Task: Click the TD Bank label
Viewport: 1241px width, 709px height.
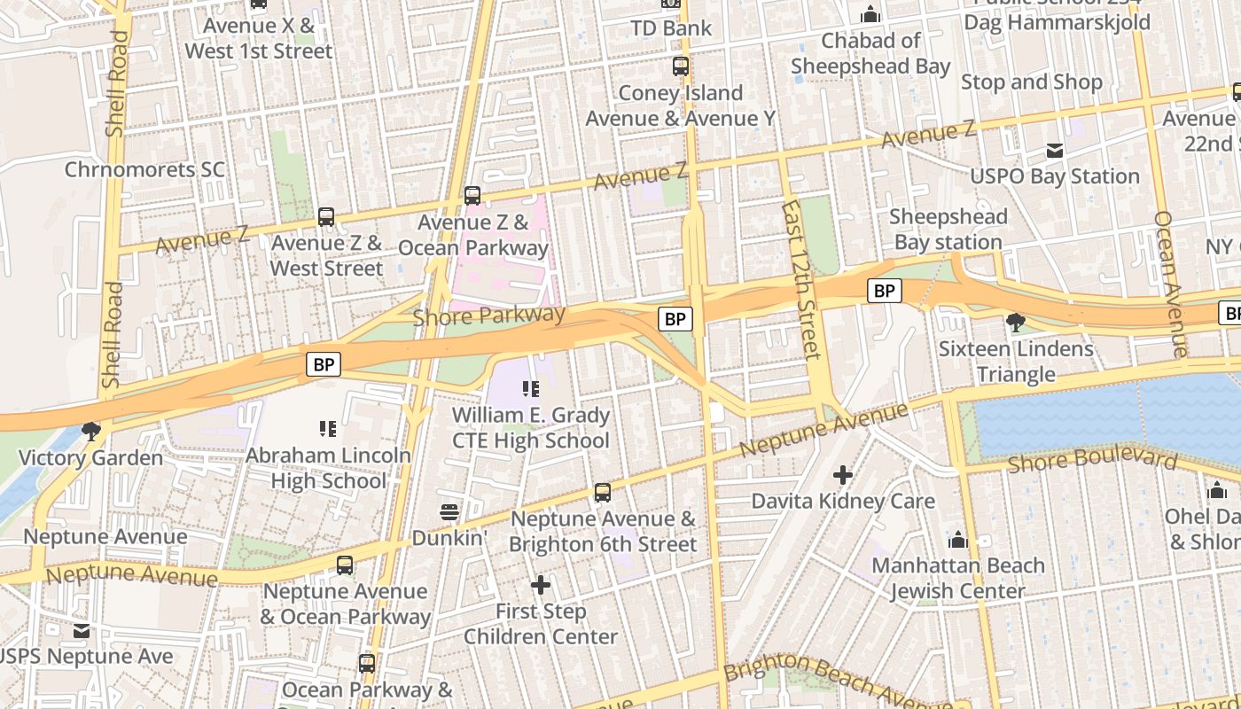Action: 671,28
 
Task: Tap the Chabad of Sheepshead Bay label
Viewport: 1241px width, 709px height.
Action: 870,53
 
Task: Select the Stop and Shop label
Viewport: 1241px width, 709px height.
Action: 1032,82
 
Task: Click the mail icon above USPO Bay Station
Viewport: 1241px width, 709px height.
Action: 1055,151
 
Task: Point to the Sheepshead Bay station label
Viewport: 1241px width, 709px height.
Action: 948,230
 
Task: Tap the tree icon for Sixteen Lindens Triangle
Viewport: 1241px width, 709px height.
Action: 1016,323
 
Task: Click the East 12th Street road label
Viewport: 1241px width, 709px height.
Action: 802,279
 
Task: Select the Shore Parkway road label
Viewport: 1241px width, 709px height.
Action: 488,316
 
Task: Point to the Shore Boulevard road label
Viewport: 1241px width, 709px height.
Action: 1092,460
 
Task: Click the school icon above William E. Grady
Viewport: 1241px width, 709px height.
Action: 531,389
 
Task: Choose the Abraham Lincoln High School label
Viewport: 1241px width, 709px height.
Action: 328,468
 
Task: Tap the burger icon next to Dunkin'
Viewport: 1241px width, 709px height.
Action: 449,512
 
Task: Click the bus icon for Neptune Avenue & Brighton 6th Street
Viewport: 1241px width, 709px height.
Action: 603,493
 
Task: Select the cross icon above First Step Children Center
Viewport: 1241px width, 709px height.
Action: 541,585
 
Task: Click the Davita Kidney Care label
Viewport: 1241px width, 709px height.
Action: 843,501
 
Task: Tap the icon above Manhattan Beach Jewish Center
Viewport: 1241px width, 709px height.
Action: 957,540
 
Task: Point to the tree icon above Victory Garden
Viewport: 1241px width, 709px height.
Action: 90,432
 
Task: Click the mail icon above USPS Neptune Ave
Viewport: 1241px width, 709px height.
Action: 82,631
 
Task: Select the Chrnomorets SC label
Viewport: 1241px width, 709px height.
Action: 144,169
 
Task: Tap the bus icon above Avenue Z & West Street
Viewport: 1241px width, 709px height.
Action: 326,217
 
